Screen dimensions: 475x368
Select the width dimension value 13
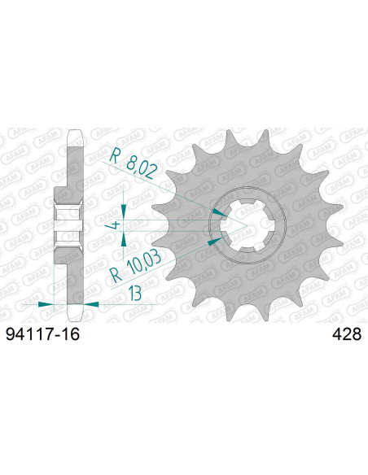[130, 292]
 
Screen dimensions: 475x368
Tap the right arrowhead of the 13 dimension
[92, 303]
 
